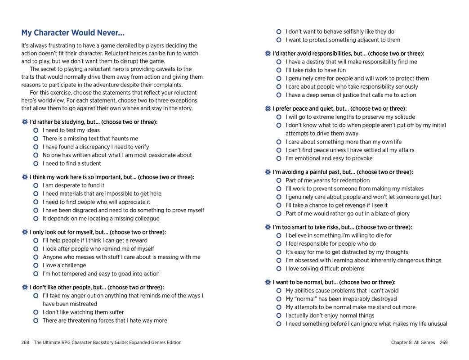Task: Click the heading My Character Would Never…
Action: pyautogui.click(x=73, y=33)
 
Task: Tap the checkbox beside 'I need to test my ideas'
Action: pyautogui.click(x=36, y=130)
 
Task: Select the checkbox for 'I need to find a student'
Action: pyautogui.click(x=36, y=164)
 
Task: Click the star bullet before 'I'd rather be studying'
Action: pyautogui.click(x=24, y=122)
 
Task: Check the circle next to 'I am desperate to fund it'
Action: pyautogui.click(x=36, y=185)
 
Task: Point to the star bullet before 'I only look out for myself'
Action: pyautogui.click(x=24, y=232)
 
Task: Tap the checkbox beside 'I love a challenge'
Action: pyautogui.click(x=36, y=265)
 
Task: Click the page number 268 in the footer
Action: pyautogui.click(x=25, y=342)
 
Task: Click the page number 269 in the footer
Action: pyautogui.click(x=443, y=342)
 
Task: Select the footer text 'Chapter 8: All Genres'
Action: pyautogui.click(x=413, y=342)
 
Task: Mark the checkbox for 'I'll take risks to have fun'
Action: pyautogui.click(x=279, y=70)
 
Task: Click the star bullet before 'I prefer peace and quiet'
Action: pyautogui.click(x=268, y=109)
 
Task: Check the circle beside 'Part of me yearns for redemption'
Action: pyautogui.click(x=279, y=180)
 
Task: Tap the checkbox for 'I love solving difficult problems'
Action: pyautogui.click(x=279, y=269)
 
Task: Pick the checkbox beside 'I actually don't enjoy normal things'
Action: pyautogui.click(x=279, y=315)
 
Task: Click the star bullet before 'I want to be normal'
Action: pyautogui.click(x=268, y=283)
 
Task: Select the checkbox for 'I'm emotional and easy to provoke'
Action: pyautogui.click(x=279, y=158)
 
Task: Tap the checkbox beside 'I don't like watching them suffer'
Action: pyautogui.click(x=36, y=312)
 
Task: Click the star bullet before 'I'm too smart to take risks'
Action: pyautogui.click(x=268, y=227)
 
